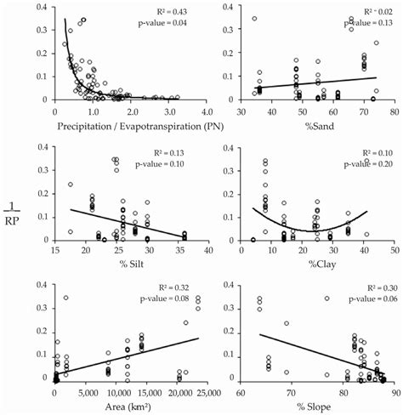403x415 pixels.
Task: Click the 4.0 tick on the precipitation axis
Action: click(207, 111)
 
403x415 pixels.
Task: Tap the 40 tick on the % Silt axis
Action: click(209, 251)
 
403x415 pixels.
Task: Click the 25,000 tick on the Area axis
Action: click(207, 389)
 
